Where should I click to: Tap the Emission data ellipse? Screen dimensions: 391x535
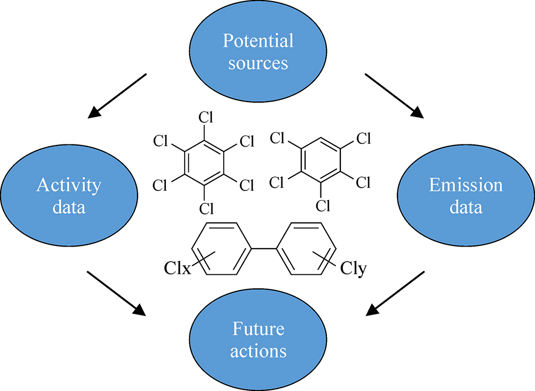click(465, 196)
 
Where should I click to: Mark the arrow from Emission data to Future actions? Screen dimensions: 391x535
click(396, 293)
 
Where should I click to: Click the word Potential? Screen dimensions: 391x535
click(258, 41)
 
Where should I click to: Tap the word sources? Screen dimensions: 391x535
click(258, 63)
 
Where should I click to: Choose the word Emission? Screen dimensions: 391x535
click(465, 185)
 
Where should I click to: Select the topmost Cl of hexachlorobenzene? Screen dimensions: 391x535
click(204, 117)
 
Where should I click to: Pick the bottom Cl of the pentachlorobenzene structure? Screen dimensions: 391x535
click(322, 205)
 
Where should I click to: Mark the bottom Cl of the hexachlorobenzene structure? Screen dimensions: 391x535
click(204, 208)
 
